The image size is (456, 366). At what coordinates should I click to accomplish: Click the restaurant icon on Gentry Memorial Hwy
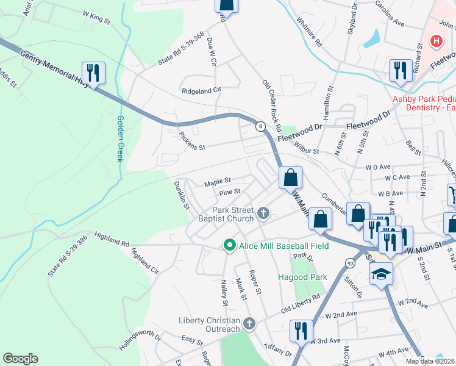tap(93, 73)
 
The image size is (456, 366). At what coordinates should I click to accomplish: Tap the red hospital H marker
tap(436, 41)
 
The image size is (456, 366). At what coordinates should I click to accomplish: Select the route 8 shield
tap(261, 126)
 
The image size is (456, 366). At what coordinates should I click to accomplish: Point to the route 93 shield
tap(366, 262)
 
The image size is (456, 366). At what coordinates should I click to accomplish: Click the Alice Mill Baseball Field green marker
tap(229, 245)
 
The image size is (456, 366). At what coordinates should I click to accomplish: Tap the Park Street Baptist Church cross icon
tap(263, 213)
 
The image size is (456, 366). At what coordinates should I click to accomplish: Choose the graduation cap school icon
tap(381, 274)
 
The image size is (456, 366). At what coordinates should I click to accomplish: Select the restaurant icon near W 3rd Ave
tap(301, 331)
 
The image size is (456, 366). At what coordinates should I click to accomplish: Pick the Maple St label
tap(218, 181)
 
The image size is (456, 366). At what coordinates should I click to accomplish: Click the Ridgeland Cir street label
tap(201, 90)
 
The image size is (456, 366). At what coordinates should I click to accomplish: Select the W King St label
tap(96, 20)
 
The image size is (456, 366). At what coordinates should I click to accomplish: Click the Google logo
tap(20, 359)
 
